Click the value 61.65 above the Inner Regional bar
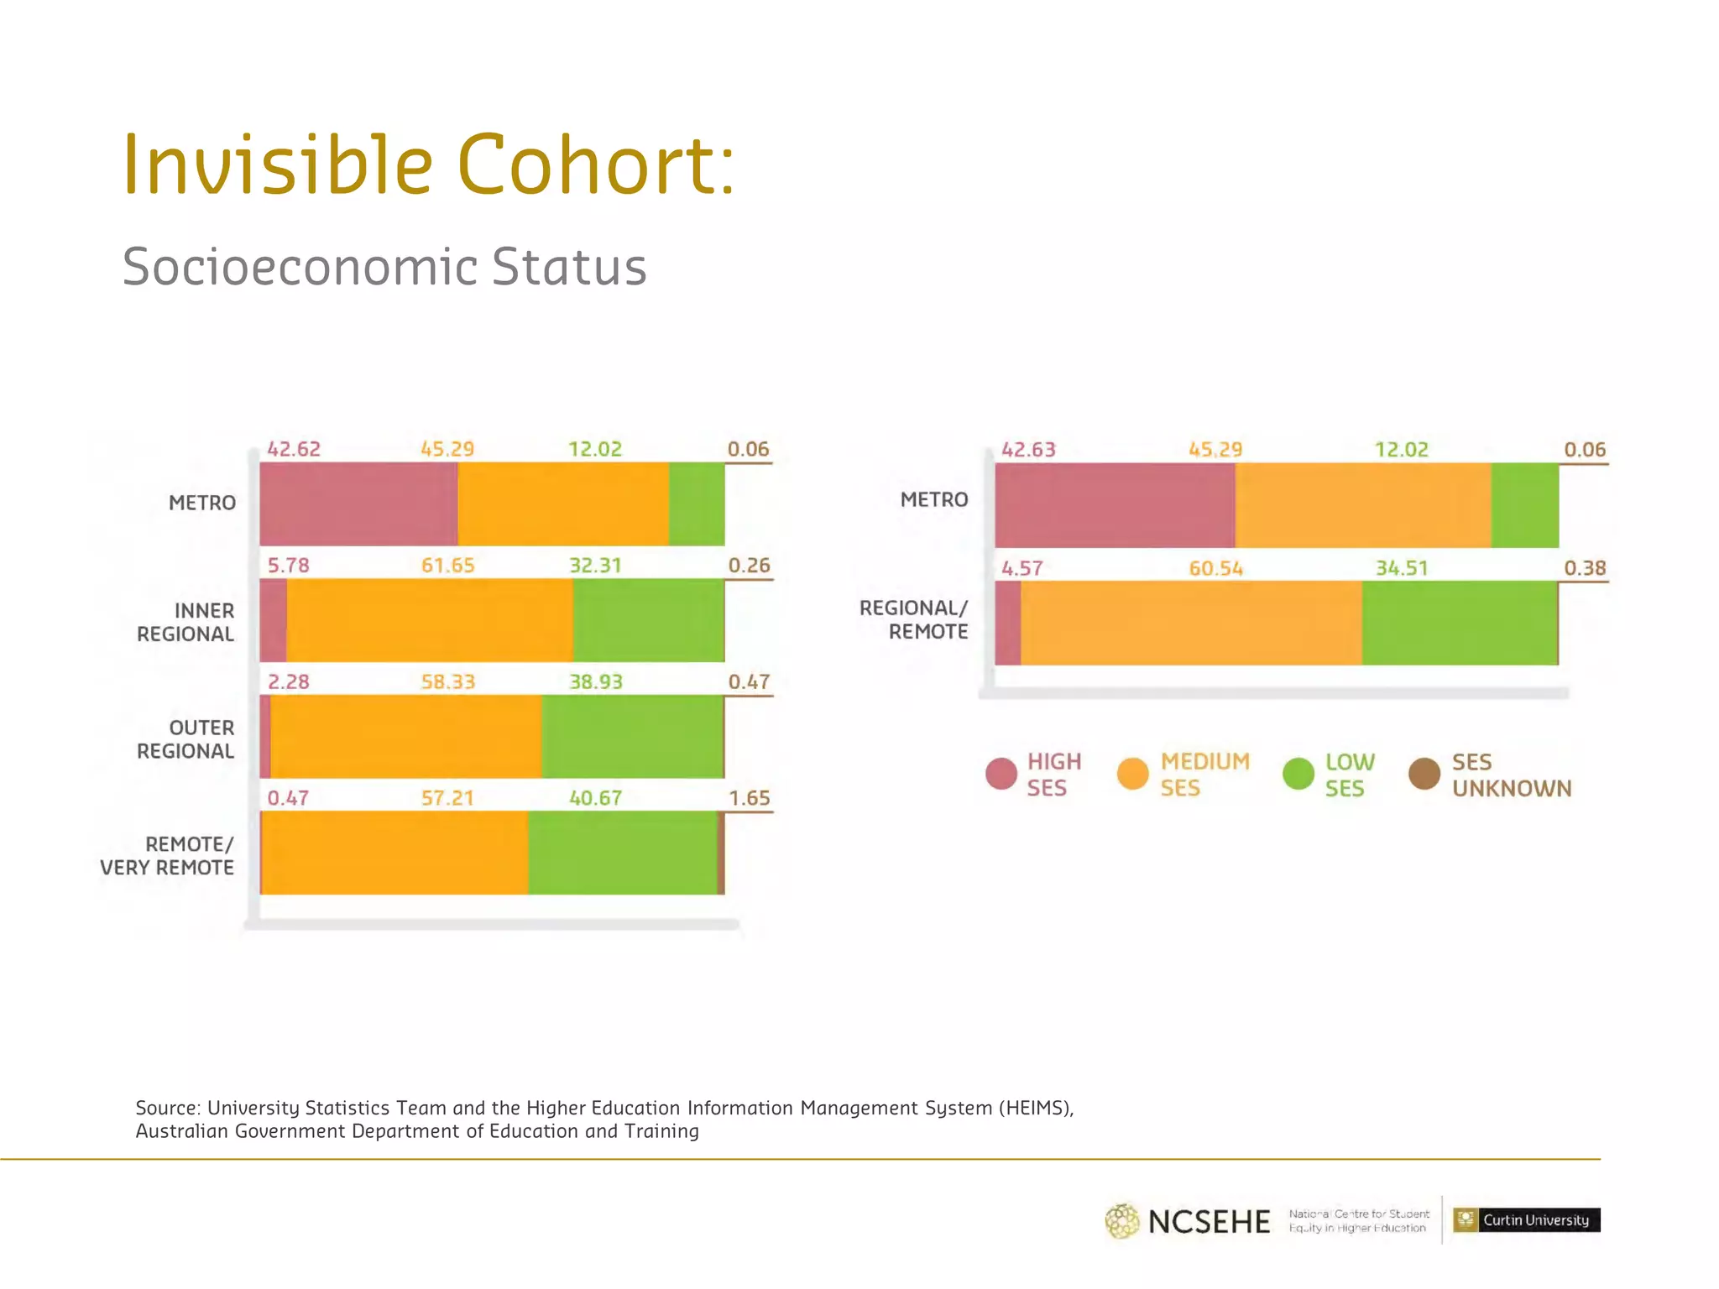(447, 566)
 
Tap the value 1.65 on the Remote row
(749, 798)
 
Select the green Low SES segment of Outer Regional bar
(632, 736)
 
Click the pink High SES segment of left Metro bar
(358, 504)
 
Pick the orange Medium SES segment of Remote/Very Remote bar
(394, 853)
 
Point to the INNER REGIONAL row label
(185, 623)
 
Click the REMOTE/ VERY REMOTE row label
(167, 856)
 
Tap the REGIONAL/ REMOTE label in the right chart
(913, 619)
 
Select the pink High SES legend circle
(1001, 774)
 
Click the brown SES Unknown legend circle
(1424, 774)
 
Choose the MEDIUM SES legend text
(1204, 775)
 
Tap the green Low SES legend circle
(1298, 774)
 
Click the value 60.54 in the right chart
(1215, 569)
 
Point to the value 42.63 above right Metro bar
(1028, 450)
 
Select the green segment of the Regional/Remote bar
(1459, 623)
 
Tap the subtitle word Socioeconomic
(300, 267)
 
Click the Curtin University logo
(1526, 1219)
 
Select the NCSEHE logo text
(1209, 1222)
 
